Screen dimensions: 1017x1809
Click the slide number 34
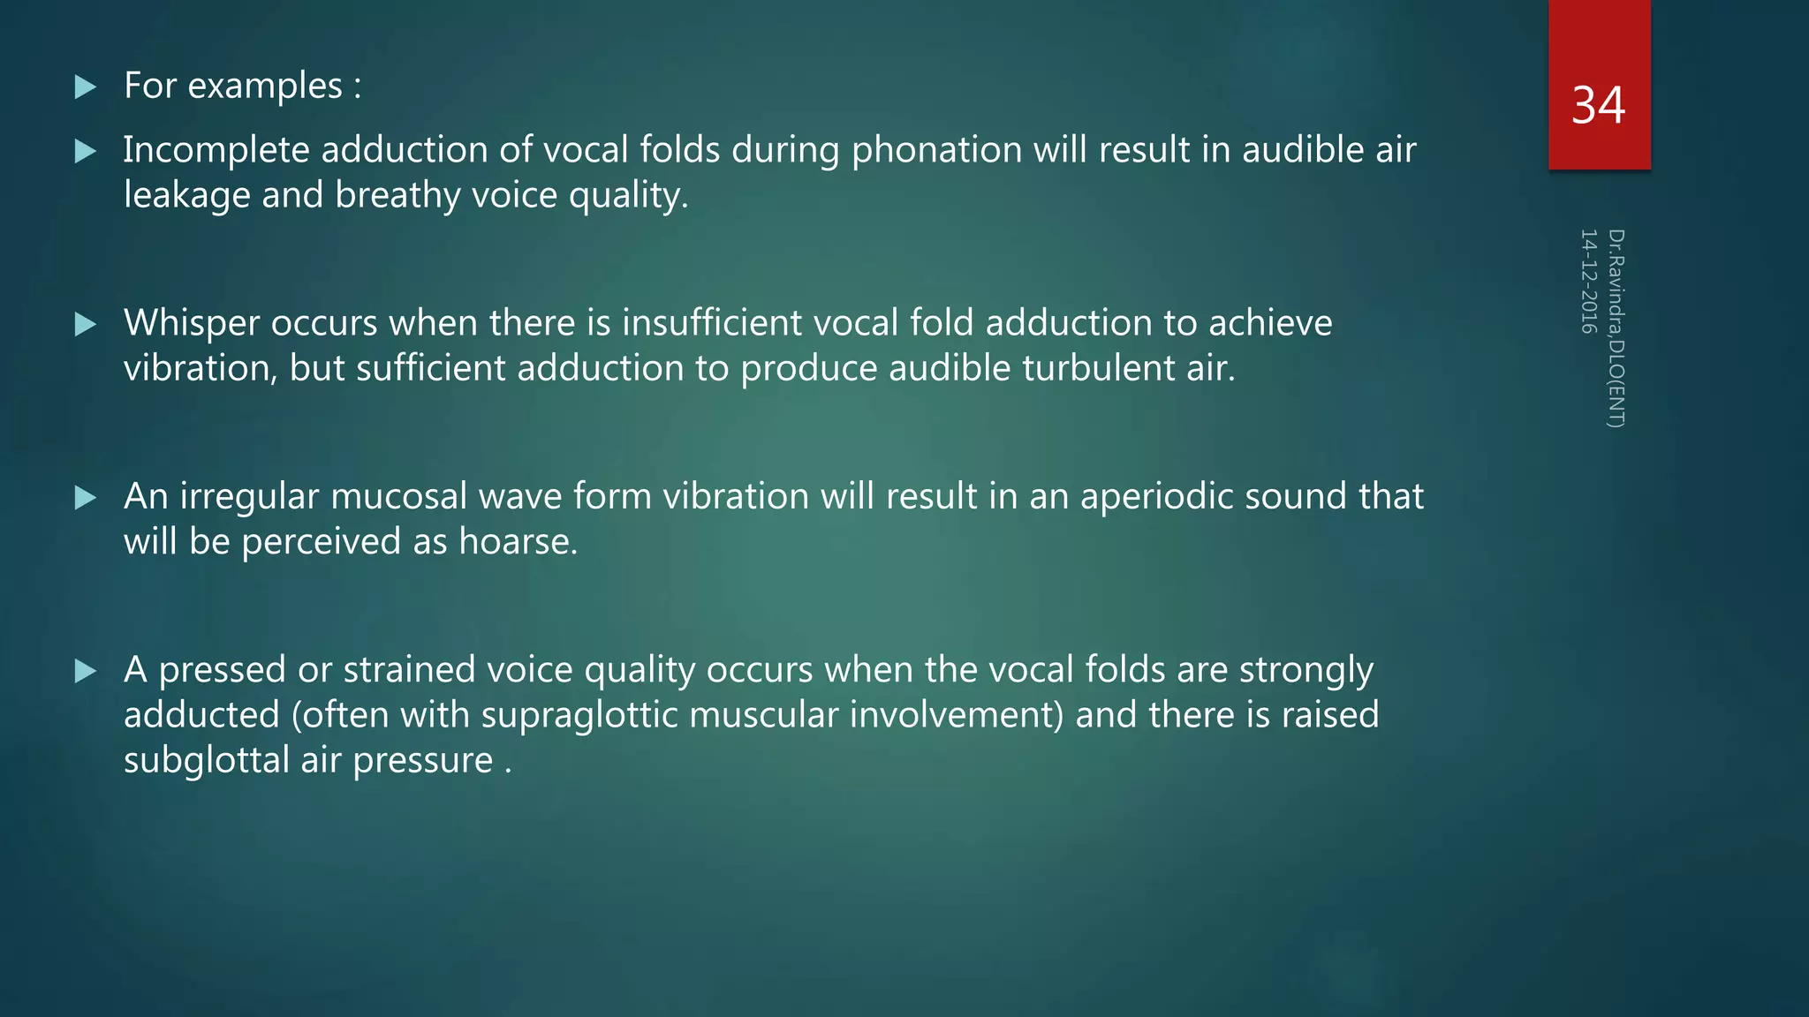tap(1598, 106)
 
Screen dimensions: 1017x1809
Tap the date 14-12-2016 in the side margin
tap(1588, 282)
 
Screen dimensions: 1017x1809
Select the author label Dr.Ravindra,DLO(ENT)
tap(1616, 328)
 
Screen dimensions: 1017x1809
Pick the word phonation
tap(936, 150)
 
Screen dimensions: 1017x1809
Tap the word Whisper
tap(191, 323)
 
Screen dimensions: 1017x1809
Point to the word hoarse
tap(517, 541)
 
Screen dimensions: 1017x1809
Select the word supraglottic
tap(579, 715)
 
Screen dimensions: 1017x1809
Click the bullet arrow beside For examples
tap(86, 87)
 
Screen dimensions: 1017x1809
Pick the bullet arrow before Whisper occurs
tap(86, 324)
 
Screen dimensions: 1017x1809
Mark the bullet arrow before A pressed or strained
tap(86, 671)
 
